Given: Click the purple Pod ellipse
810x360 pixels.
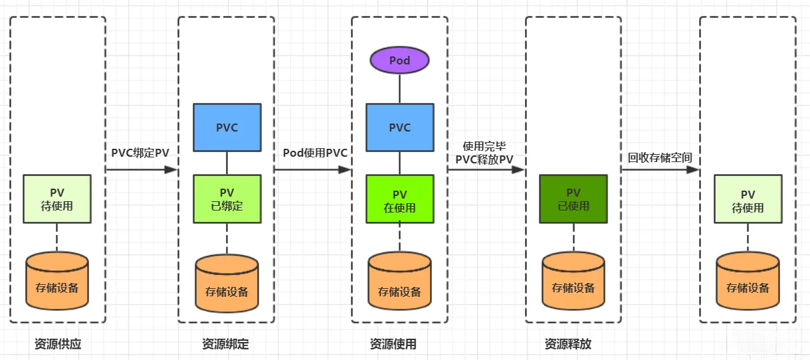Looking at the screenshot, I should (x=399, y=60).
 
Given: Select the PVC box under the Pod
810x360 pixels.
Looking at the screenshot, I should (x=399, y=128).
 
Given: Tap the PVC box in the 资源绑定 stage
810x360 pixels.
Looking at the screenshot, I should (x=227, y=128).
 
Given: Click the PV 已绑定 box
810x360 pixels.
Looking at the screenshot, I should (x=227, y=199).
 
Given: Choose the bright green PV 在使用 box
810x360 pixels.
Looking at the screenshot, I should (x=399, y=199).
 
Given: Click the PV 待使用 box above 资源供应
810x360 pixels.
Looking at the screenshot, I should (x=56, y=199).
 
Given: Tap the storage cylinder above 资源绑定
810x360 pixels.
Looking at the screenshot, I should (x=227, y=284).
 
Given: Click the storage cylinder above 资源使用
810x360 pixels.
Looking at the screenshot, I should (x=399, y=284).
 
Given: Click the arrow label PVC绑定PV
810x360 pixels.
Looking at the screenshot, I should (x=140, y=153).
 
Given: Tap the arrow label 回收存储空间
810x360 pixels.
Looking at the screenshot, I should (x=660, y=157).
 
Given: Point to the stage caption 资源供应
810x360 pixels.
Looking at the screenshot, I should (x=58, y=344).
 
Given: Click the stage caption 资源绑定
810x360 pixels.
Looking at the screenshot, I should (x=225, y=344).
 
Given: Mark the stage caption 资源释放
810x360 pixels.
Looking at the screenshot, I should (x=567, y=344).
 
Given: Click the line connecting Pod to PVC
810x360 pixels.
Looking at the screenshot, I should (x=399, y=88).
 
